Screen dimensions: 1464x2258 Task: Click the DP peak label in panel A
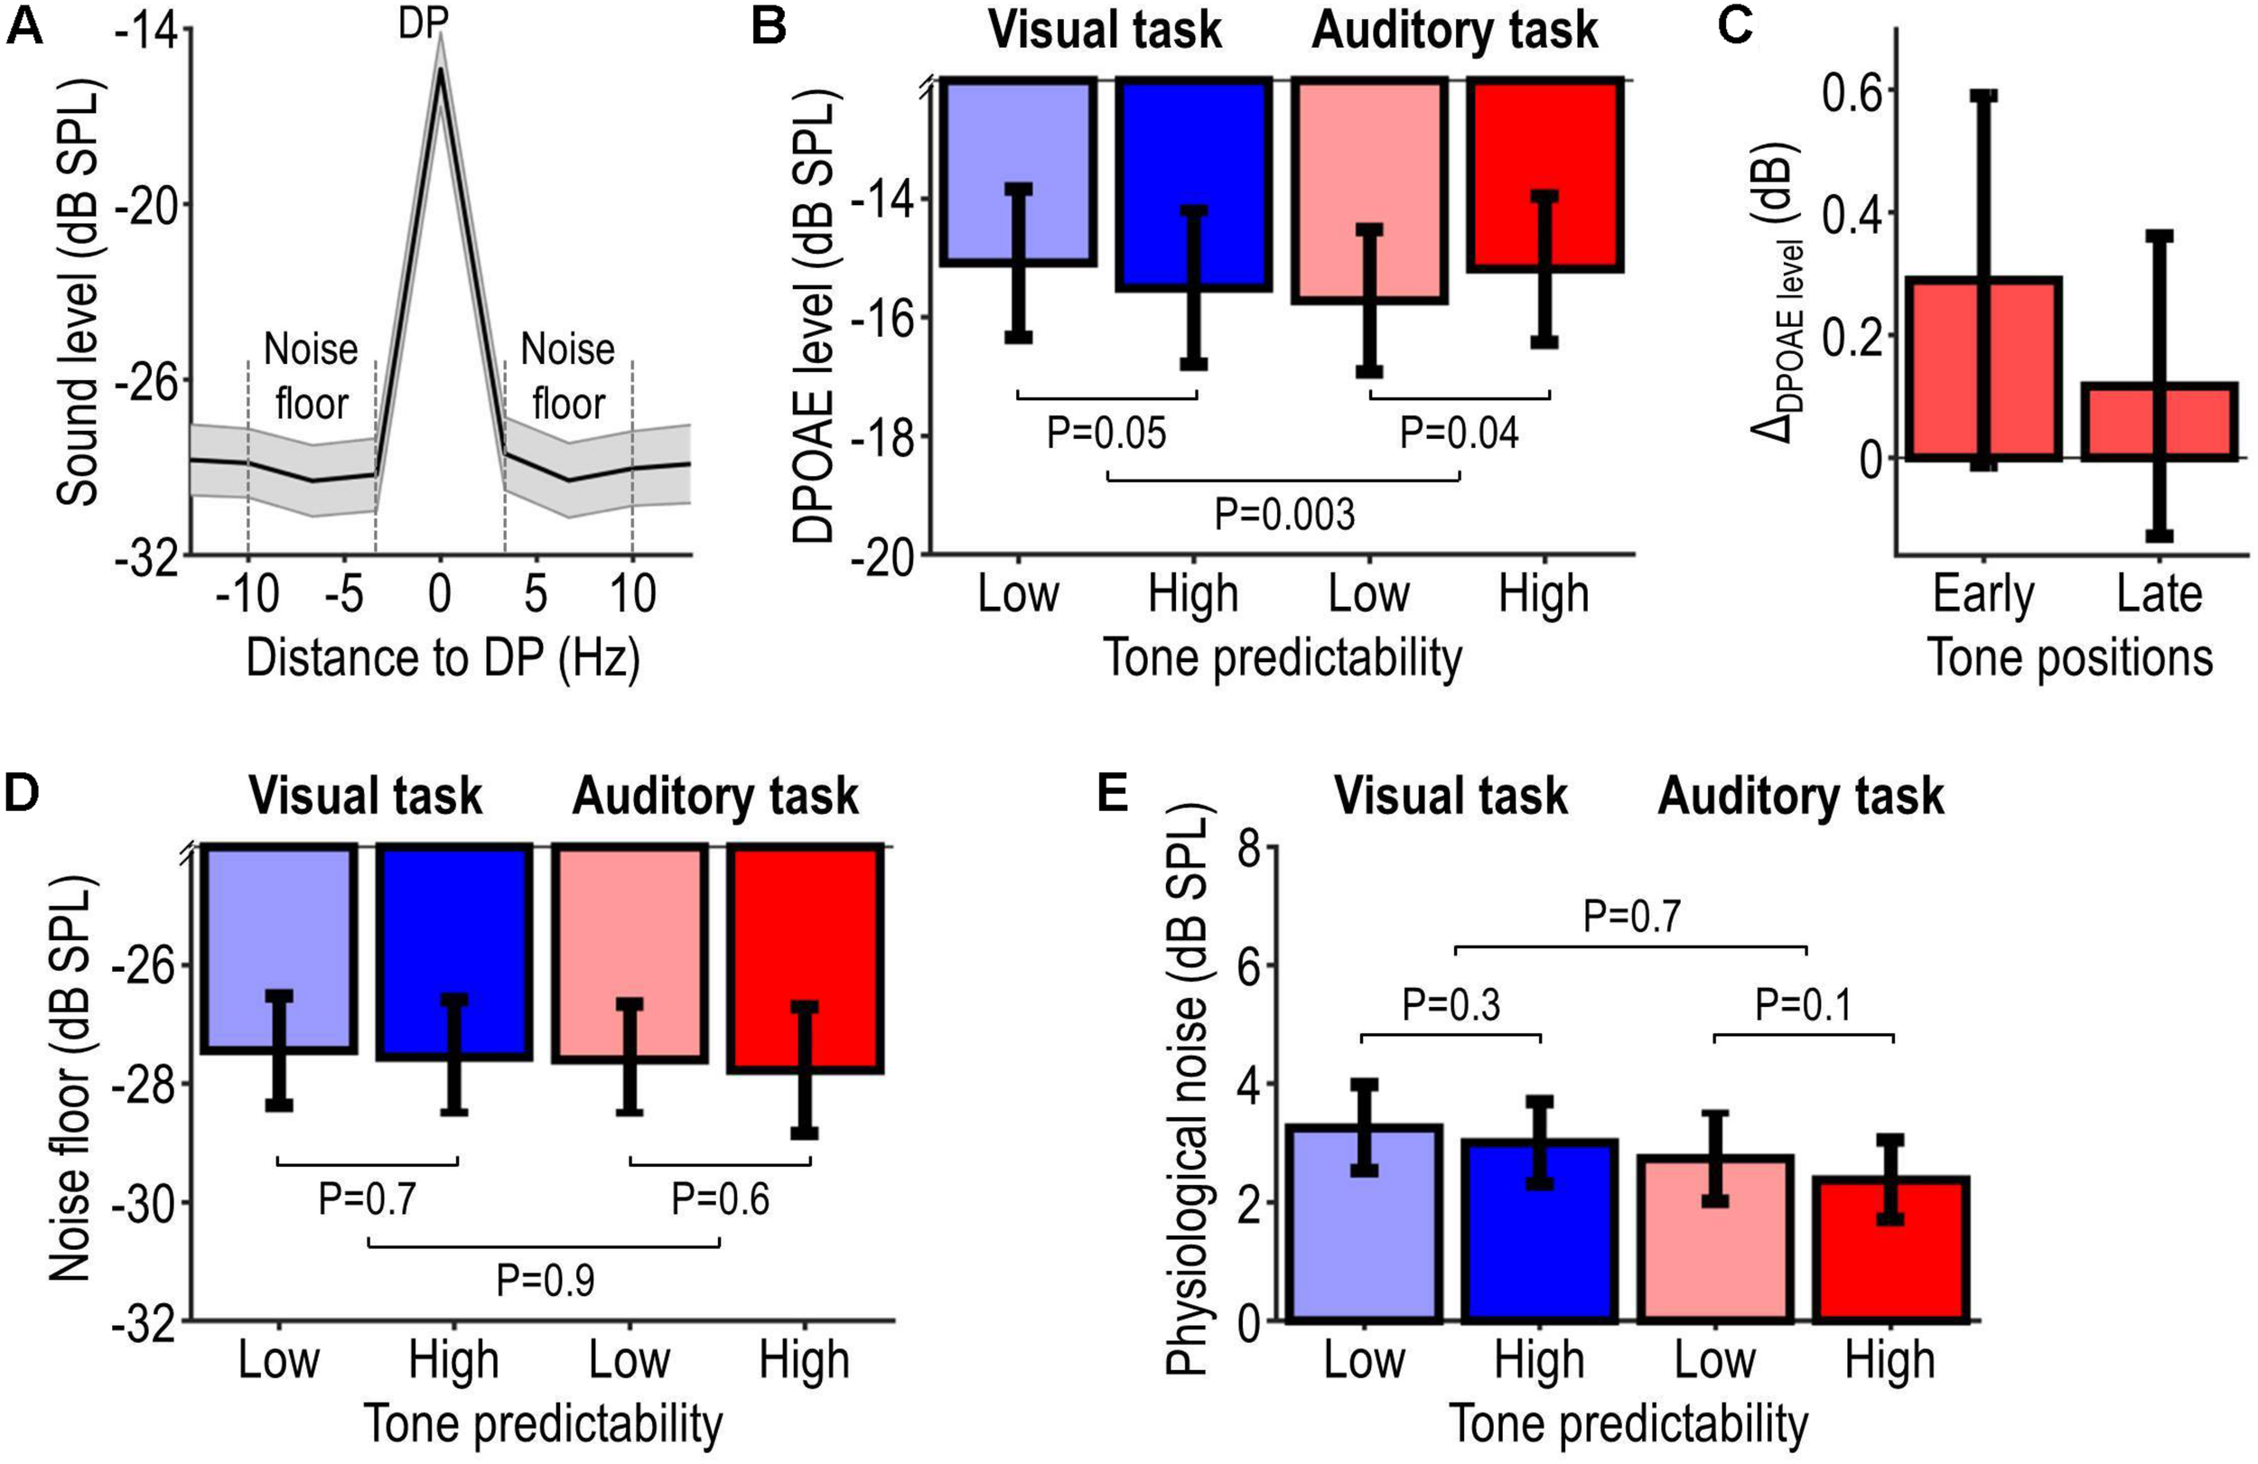tap(423, 23)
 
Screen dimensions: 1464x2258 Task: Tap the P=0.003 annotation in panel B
tap(1284, 515)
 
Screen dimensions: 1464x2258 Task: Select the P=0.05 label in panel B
tap(1106, 433)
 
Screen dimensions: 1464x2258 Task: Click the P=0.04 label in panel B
tap(1460, 433)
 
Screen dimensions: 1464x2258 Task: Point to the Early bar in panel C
tap(1983, 370)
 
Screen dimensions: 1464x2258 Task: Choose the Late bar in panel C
tap(2159, 422)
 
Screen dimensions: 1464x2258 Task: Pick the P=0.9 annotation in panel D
tap(546, 1281)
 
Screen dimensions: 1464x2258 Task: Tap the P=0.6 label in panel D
tap(720, 1199)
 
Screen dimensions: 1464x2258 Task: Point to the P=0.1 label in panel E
tap(1803, 1006)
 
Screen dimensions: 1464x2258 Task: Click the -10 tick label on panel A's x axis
tap(247, 595)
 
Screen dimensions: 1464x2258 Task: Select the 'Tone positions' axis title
tap(2071, 658)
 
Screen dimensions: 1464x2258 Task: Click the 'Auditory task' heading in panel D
tap(715, 796)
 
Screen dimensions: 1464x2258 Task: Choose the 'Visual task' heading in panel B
tap(1106, 31)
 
